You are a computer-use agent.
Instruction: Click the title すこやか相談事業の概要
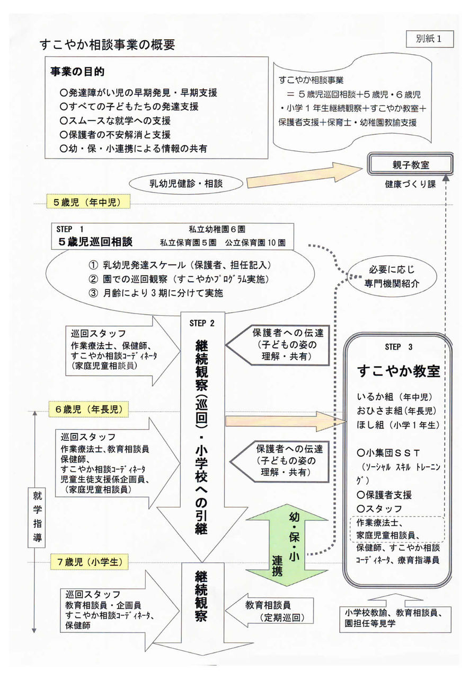108,45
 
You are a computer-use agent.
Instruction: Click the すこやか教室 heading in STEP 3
399,370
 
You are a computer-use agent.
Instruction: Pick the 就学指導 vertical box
37,517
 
